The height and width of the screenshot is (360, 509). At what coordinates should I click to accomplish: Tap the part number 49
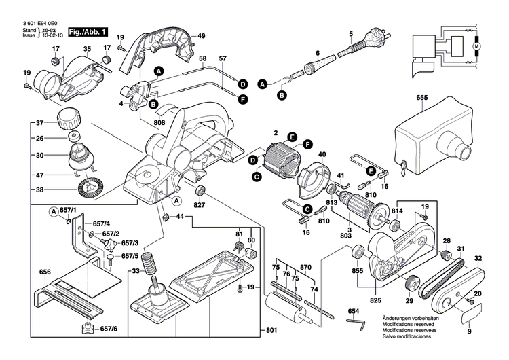(202, 35)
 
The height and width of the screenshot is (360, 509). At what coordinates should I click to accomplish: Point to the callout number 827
(199, 204)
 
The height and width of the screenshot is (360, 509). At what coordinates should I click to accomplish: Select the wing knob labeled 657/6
(88, 329)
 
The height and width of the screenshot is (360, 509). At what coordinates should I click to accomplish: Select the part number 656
(45, 272)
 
